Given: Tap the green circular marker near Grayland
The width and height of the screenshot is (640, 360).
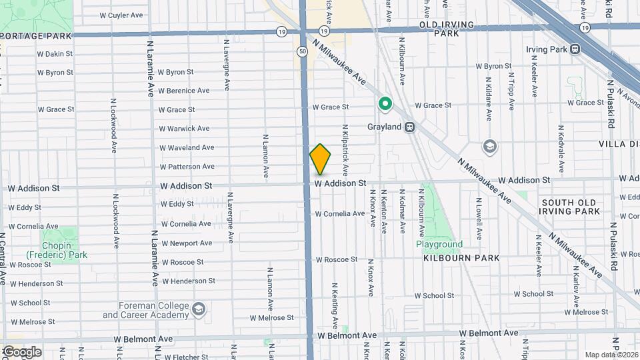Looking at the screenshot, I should (385, 104).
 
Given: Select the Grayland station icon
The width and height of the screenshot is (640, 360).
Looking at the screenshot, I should (409, 127).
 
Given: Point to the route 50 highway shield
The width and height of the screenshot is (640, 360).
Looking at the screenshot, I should (303, 51).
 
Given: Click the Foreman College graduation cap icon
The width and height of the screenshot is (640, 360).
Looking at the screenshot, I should (198, 309).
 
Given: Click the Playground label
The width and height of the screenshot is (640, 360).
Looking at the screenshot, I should (439, 244).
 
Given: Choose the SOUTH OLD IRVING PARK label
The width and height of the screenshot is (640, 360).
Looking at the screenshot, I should (570, 207).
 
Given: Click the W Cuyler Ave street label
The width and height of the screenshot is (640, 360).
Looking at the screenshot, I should (121, 15).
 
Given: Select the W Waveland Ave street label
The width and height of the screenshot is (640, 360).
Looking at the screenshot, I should (187, 147).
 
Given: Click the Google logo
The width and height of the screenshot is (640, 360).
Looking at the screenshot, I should (21, 351).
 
